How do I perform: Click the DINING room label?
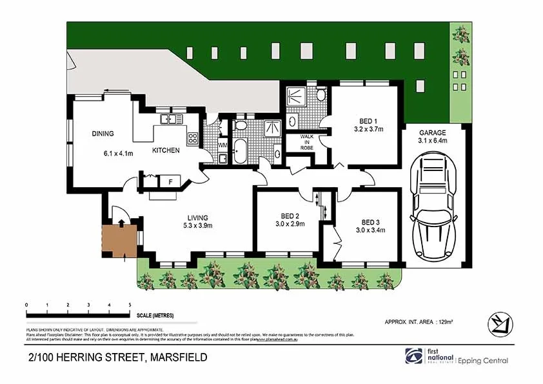point(103,134)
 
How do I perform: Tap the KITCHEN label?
point(166,150)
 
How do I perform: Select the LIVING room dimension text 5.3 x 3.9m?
point(198,225)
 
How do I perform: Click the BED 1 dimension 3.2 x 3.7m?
point(369,129)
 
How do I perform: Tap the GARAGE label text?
point(433,132)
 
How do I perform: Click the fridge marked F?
point(171,181)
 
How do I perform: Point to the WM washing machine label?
point(222,146)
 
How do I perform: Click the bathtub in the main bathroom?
point(241,151)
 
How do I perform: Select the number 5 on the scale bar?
point(130,304)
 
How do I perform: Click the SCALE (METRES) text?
point(155,316)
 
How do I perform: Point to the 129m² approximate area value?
point(446,321)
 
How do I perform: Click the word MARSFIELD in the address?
point(178,357)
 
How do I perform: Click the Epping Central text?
point(484,361)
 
